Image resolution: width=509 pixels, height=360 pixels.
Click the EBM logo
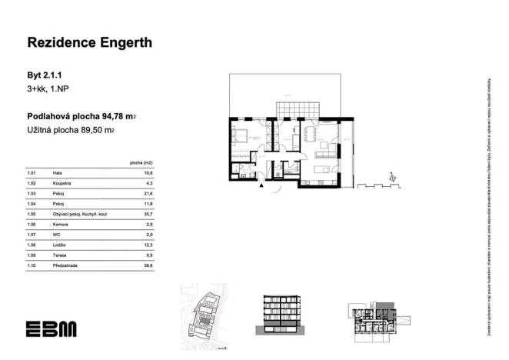52,328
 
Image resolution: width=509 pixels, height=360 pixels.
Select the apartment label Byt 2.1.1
44,76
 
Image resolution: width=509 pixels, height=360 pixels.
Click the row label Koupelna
61,184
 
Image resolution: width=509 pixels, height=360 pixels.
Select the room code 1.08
32,244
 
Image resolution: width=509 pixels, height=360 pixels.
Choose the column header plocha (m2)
142,164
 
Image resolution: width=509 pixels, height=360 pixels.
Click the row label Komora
59,224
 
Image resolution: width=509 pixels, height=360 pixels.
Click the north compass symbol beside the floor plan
394,178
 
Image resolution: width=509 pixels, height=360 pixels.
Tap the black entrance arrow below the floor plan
262,185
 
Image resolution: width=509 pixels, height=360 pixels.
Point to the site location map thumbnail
204,312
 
